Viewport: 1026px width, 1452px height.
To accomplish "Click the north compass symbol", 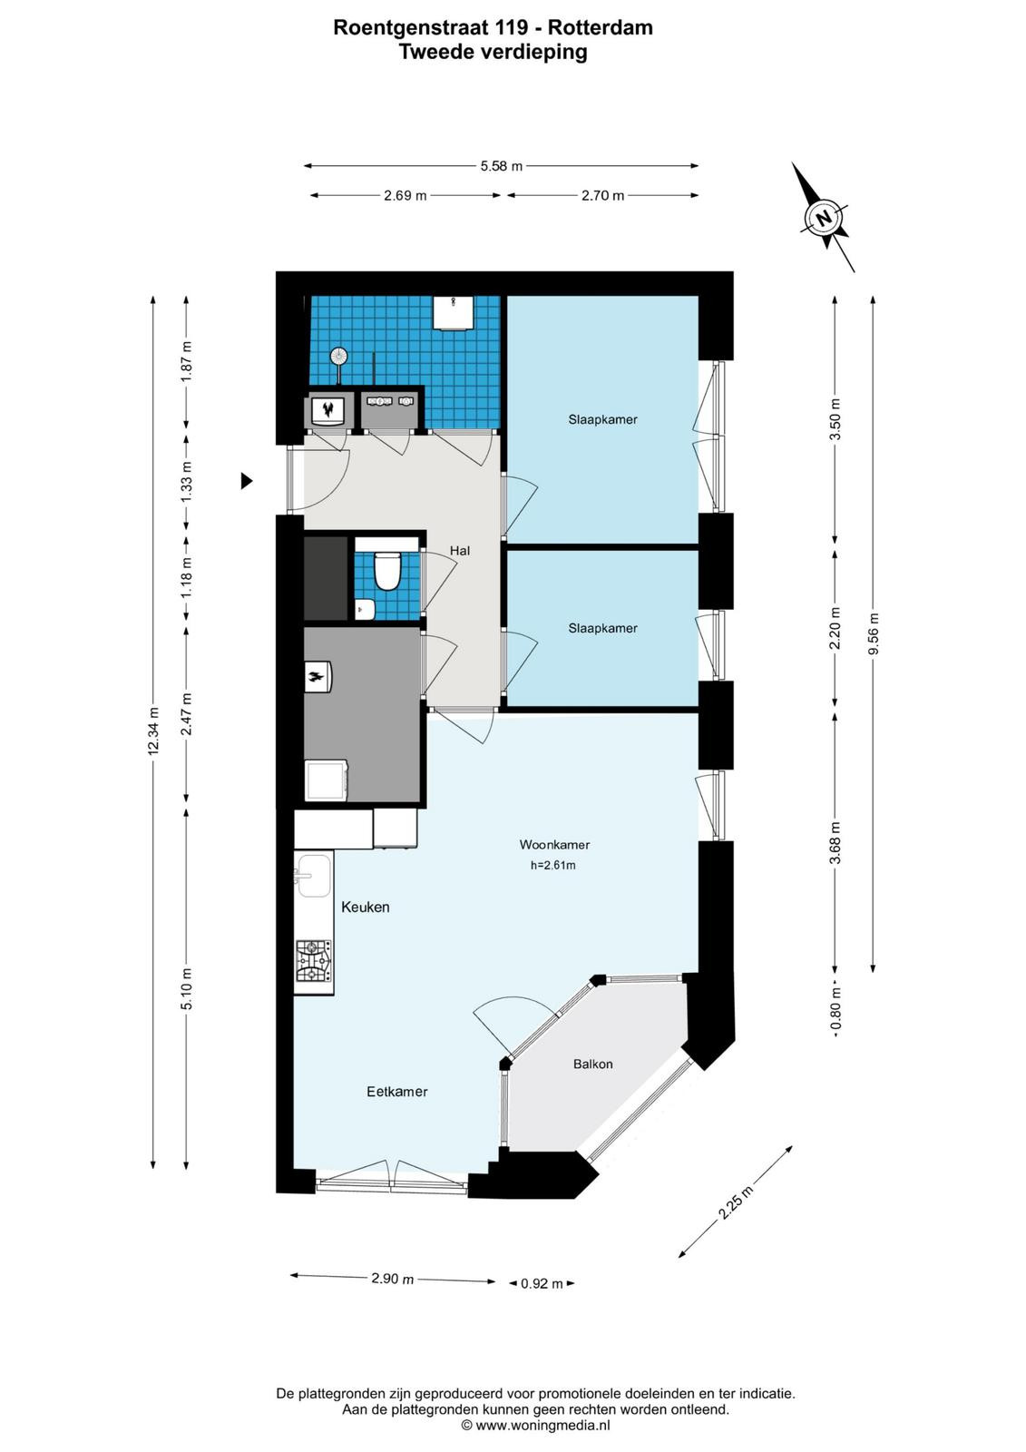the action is coord(823,217).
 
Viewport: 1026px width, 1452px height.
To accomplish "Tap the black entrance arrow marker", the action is coord(246,480).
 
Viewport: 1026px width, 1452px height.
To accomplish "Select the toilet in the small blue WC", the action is coord(387,570).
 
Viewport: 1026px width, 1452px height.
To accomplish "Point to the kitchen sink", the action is coord(314,875).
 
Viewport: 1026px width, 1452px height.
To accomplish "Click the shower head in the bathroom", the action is coord(338,355).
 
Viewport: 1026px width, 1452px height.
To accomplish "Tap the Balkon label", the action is coord(592,1064).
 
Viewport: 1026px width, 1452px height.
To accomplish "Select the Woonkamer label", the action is coord(554,845).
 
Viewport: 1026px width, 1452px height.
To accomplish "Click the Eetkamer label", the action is coord(396,1092).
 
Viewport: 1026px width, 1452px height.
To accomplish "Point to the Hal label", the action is coord(460,550).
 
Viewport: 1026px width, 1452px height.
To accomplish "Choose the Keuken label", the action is coord(365,907).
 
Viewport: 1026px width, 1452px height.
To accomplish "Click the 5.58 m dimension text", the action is coord(501,166).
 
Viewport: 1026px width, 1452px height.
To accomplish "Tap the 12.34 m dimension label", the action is coord(153,731).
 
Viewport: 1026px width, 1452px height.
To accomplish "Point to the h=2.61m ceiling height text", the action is coord(552,866).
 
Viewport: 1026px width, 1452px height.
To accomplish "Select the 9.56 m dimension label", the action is coord(873,633).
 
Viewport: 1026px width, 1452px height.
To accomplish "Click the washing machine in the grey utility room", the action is coord(327,780).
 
